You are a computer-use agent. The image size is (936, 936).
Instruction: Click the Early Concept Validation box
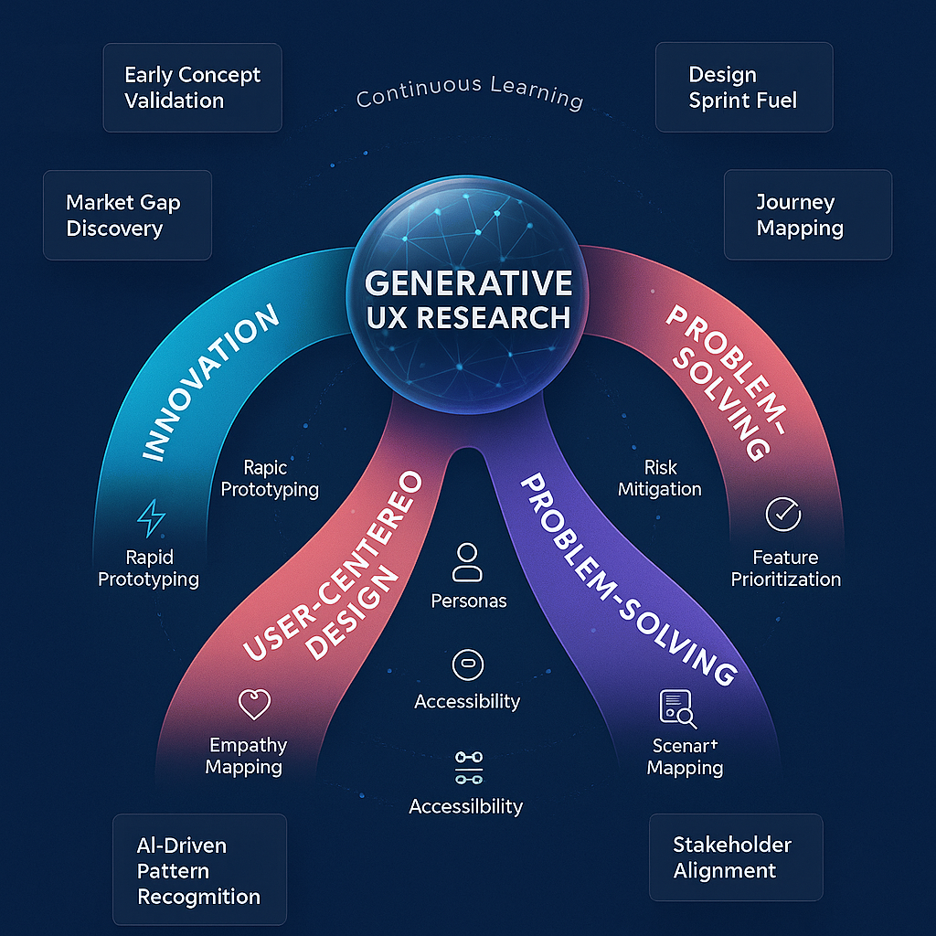point(192,88)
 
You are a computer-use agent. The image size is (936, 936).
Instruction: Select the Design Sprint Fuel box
point(743,88)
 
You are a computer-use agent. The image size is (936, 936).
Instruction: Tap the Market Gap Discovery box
point(127,216)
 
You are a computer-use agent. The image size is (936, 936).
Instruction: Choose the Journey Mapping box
point(807,216)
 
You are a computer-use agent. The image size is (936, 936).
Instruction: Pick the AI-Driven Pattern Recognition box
point(198,870)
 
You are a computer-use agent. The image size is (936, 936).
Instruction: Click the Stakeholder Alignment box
point(735,857)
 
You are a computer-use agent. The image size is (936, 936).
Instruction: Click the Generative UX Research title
point(468,299)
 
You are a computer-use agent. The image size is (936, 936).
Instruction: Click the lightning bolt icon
point(151,518)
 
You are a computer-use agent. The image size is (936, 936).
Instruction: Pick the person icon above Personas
point(467,562)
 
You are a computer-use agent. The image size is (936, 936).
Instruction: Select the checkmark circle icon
point(782,516)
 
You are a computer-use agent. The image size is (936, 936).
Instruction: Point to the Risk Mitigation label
point(659,478)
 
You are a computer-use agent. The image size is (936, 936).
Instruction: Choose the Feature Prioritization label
point(785,568)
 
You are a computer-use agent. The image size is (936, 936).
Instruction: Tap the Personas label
point(468,601)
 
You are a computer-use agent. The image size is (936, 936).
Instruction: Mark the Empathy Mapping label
point(246,756)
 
